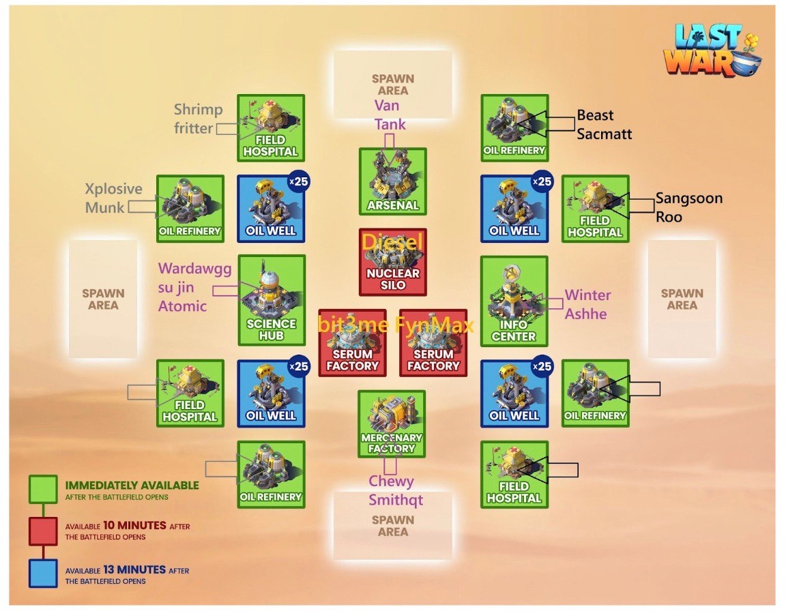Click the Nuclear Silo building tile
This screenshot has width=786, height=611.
coord(393,262)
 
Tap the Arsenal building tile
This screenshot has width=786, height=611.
coord(393,181)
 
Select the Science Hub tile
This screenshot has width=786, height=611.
coord(272,300)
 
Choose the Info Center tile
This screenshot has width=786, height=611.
coord(514,300)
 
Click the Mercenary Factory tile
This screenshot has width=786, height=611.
coord(392,423)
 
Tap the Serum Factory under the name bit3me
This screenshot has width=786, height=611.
coord(352,343)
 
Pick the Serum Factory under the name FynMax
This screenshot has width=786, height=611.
coord(433,343)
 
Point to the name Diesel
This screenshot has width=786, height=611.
coord(392,241)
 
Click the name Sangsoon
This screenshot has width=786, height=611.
coord(688,198)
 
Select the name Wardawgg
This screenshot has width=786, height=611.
coord(195,269)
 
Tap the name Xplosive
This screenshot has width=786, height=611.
coord(114,189)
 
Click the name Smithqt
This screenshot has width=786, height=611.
coord(396,500)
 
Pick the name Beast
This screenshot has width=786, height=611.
coord(595,115)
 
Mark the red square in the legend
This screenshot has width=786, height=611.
coord(42,531)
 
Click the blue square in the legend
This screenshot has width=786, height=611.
coord(42,573)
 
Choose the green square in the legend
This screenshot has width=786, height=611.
coord(42,489)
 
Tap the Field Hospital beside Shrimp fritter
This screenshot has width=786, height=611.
coord(271,128)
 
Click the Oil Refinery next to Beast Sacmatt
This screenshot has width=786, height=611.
coord(514,128)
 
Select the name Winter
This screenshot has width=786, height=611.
coord(587,295)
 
